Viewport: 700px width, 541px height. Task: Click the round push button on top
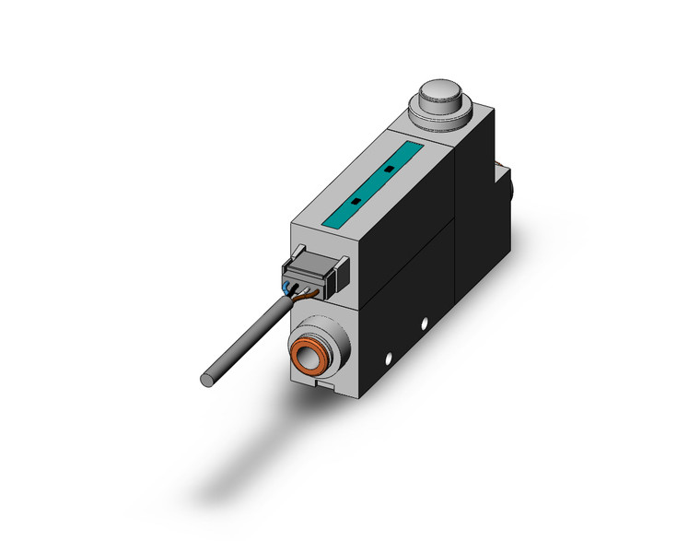438,95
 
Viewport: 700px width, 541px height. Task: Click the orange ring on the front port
304,355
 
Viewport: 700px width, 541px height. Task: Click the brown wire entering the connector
314,293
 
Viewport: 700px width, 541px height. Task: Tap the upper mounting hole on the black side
425,323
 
